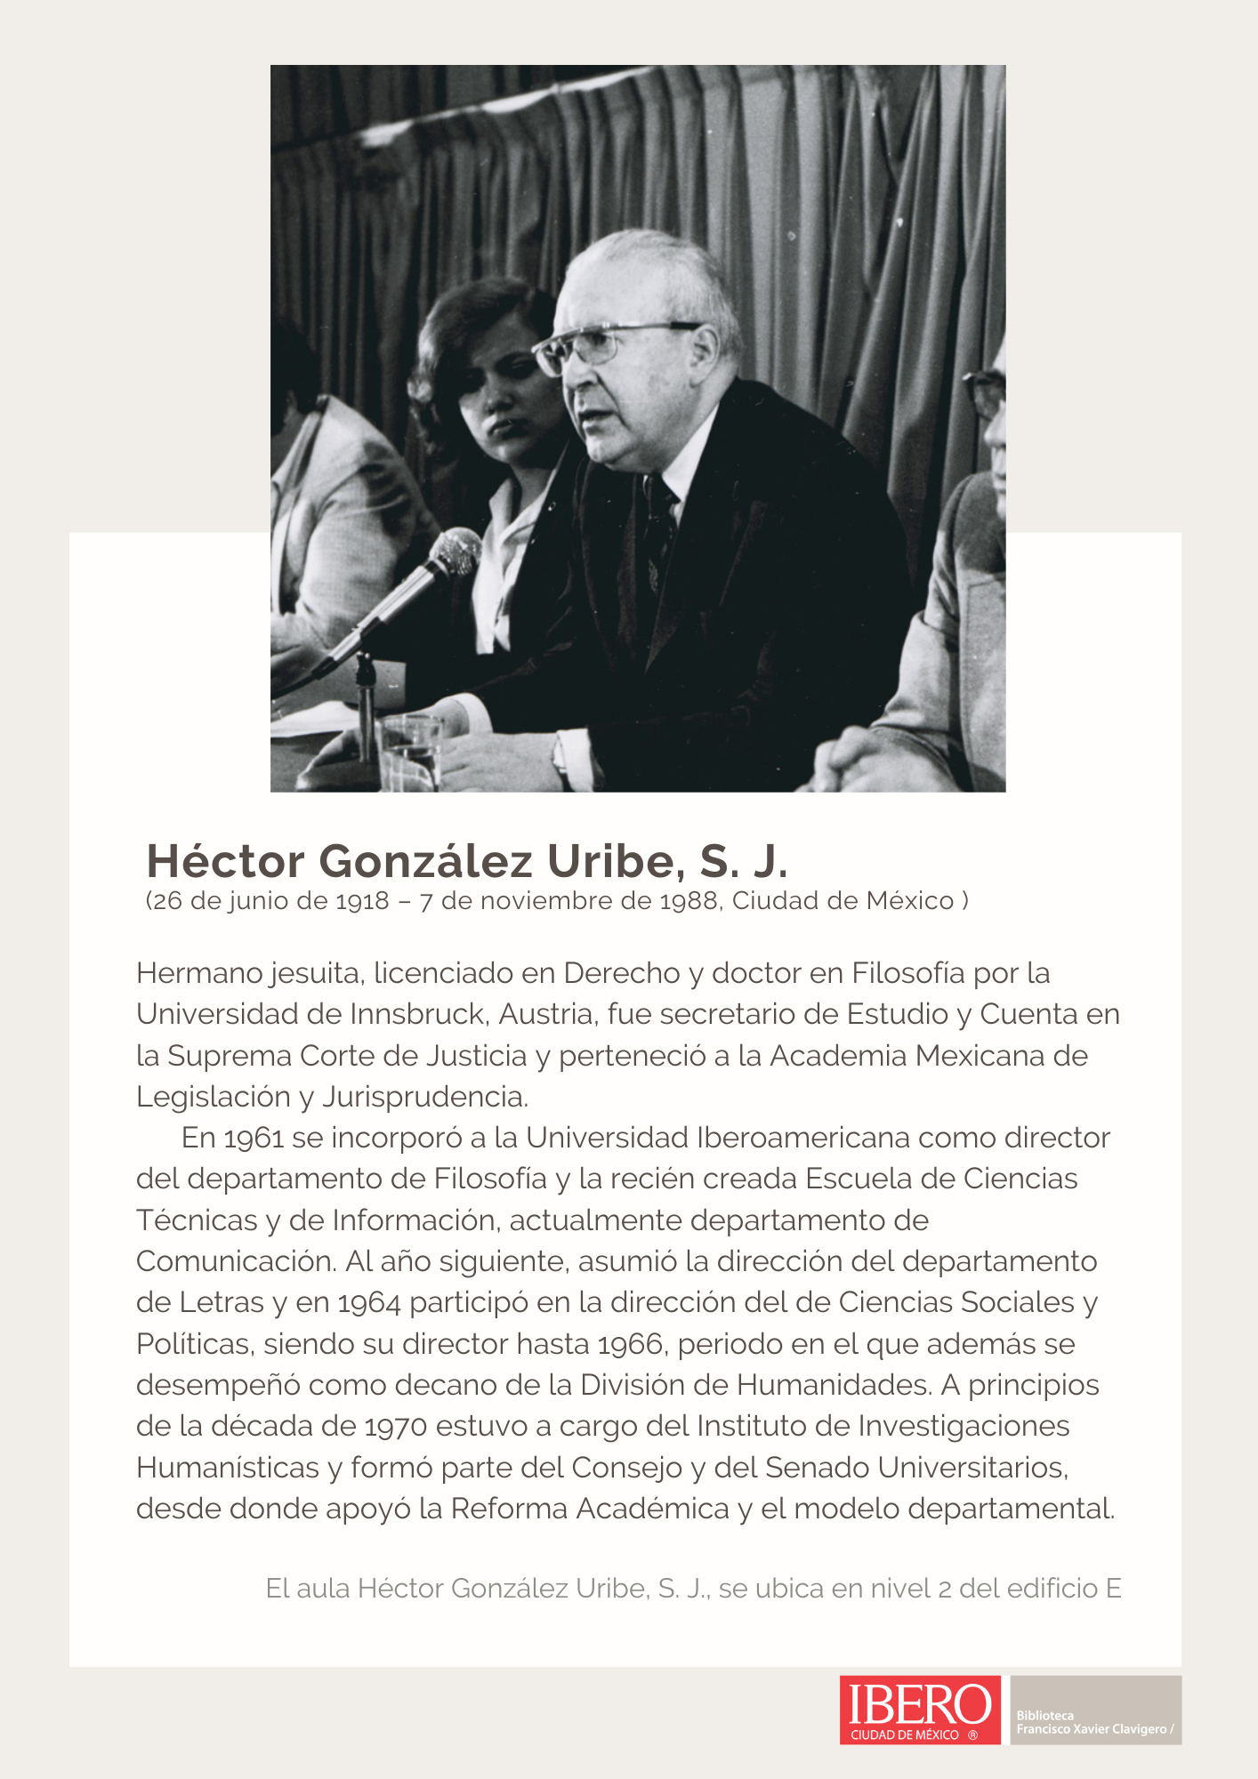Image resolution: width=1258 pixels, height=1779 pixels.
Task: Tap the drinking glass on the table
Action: (x=410, y=752)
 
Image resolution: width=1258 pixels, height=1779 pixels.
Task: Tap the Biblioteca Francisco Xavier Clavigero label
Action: (x=1094, y=1722)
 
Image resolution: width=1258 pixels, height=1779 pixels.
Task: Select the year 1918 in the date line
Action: (x=362, y=901)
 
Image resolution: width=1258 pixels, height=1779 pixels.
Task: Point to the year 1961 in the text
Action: (x=254, y=1138)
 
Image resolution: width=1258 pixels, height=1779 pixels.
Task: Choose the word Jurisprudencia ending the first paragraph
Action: (x=425, y=1097)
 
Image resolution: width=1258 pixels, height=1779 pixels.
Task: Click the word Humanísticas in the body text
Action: (x=228, y=1467)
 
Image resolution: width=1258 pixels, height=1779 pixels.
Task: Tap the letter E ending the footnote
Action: (x=1113, y=1588)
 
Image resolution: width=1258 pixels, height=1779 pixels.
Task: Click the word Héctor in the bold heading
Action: (x=226, y=860)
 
